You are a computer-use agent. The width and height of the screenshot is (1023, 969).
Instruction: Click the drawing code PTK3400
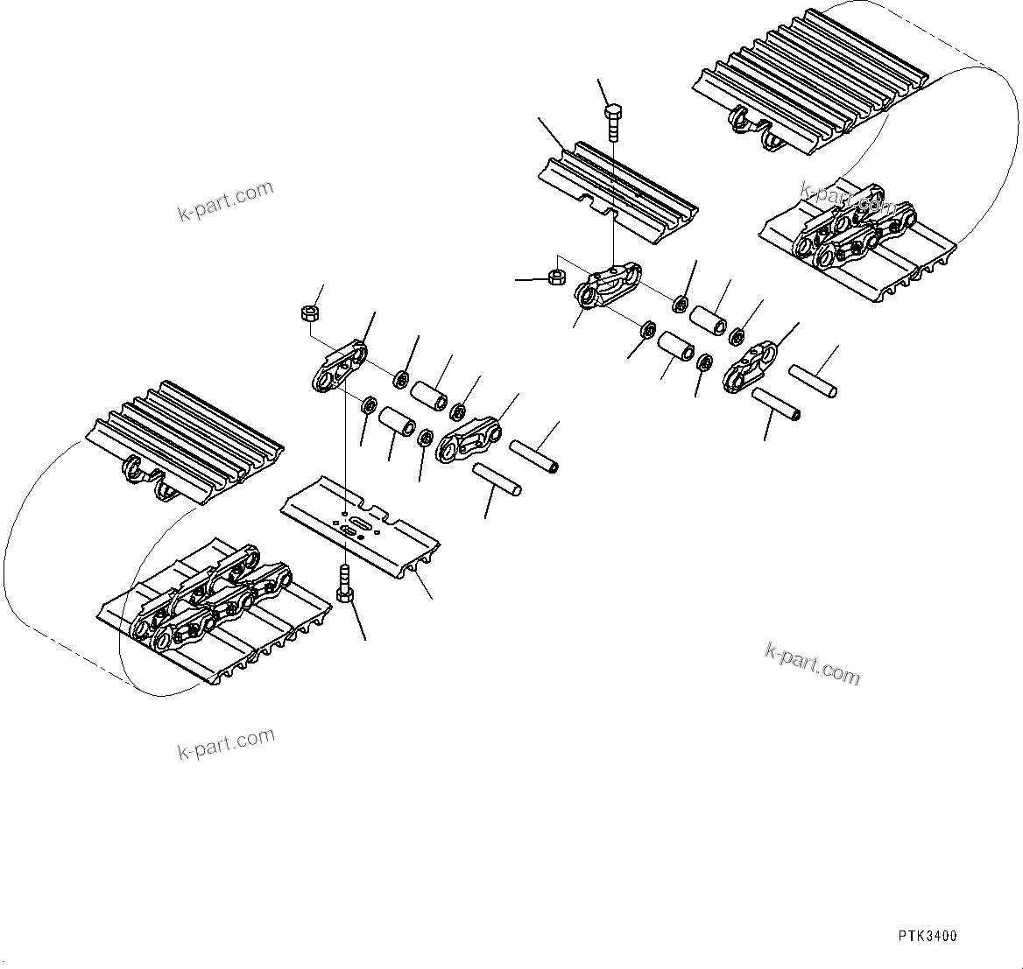click(x=927, y=936)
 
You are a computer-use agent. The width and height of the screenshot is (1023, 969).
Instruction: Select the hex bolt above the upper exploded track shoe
click(x=614, y=123)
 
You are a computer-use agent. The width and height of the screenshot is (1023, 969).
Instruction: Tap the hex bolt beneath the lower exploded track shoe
click(x=345, y=585)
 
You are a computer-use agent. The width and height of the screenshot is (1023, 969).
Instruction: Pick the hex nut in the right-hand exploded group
click(x=554, y=277)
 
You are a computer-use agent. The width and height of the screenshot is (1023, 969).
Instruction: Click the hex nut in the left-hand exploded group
click(x=307, y=312)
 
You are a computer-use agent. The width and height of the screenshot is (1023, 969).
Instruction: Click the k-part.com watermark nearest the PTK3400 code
click(x=812, y=663)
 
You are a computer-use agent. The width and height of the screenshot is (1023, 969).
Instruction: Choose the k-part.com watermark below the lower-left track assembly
click(x=226, y=744)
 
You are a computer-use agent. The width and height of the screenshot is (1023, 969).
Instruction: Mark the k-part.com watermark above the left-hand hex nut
click(x=226, y=201)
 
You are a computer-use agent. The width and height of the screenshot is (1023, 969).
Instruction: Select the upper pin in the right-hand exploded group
click(x=812, y=381)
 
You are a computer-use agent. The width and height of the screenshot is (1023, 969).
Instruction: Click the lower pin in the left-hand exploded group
click(x=497, y=479)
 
